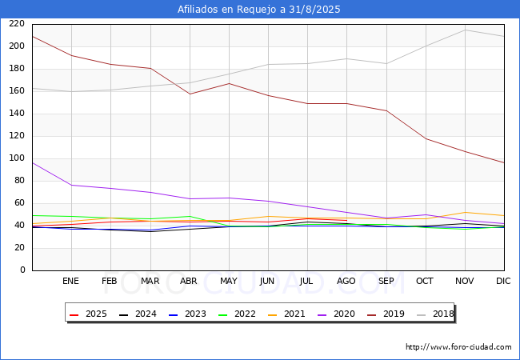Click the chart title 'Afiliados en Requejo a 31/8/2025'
click(260, 10)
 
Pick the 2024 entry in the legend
click(141, 314)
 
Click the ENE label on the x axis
click(71, 281)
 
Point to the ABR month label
click(189, 281)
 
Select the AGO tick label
click(346, 281)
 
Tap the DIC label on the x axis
click(503, 281)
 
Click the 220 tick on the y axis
click(16, 24)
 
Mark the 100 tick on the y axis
click(16, 158)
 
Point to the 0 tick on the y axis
click(22, 270)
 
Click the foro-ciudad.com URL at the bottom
click(458, 347)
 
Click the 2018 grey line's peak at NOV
click(465, 30)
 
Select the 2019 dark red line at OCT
click(426, 138)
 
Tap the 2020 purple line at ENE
click(71, 185)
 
